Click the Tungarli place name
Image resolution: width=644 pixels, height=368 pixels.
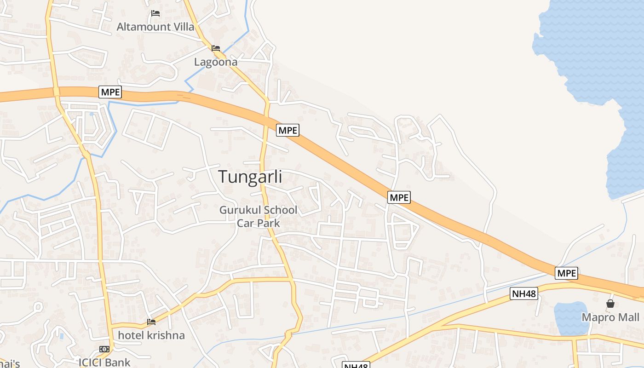pyautogui.click(x=250, y=177)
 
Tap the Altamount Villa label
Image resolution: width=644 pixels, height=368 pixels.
pyautogui.click(x=155, y=27)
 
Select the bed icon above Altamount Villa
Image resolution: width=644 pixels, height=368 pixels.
pyautogui.click(x=155, y=13)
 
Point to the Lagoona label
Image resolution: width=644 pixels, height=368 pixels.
pyautogui.click(x=216, y=62)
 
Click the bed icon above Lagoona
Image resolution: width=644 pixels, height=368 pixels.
pyautogui.click(x=216, y=48)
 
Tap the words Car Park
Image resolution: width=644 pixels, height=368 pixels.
pyautogui.click(x=258, y=223)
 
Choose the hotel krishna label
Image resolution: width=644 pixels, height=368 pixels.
pyautogui.click(x=151, y=335)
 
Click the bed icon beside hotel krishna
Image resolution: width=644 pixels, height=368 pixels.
pyautogui.click(x=151, y=322)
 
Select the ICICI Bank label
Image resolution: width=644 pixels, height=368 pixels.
pyautogui.click(x=104, y=362)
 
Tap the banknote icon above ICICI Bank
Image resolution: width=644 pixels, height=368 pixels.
pyautogui.click(x=104, y=349)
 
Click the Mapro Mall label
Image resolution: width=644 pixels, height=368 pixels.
pyautogui.click(x=610, y=317)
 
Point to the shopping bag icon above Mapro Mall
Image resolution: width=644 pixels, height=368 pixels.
pyautogui.click(x=610, y=304)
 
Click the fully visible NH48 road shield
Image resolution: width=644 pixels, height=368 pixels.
pyautogui.click(x=524, y=293)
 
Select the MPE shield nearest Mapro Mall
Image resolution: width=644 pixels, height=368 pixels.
pyautogui.click(x=566, y=273)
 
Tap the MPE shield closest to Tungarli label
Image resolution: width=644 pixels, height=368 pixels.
pyautogui.click(x=288, y=130)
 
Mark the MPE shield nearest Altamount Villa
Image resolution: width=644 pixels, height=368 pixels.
pyautogui.click(x=110, y=92)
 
